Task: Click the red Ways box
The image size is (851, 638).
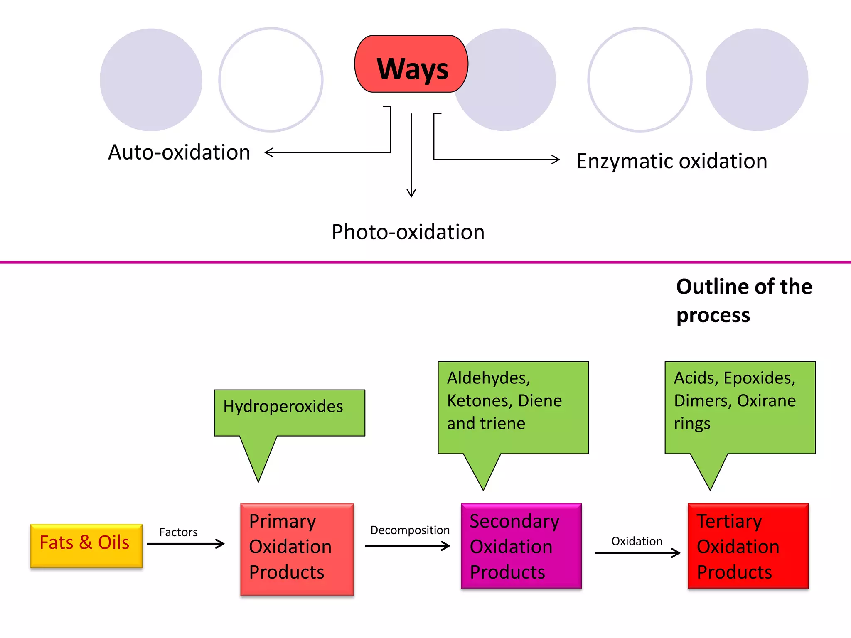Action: point(411,64)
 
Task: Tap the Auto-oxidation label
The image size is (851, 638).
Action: point(179,152)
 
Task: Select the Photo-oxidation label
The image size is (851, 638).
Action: point(408,232)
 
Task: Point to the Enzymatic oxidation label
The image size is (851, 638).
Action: point(671,161)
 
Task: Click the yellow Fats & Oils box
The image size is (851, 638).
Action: point(86,545)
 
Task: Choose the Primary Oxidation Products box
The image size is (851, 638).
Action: point(297,549)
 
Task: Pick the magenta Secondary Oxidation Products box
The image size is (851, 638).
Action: point(521,546)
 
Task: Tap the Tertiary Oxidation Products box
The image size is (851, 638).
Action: point(748,546)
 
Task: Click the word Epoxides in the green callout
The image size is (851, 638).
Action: point(759,378)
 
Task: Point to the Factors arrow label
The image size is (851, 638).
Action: point(178,532)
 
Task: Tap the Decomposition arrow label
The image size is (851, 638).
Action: point(410,530)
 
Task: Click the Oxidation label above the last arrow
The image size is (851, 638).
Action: point(637,541)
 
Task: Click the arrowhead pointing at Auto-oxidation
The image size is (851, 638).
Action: point(268,152)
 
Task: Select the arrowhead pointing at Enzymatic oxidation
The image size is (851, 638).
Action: point(556,159)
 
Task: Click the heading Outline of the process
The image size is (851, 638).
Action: point(743,301)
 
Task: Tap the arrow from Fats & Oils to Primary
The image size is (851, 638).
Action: point(186,544)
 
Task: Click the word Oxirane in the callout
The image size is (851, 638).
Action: point(766,401)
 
